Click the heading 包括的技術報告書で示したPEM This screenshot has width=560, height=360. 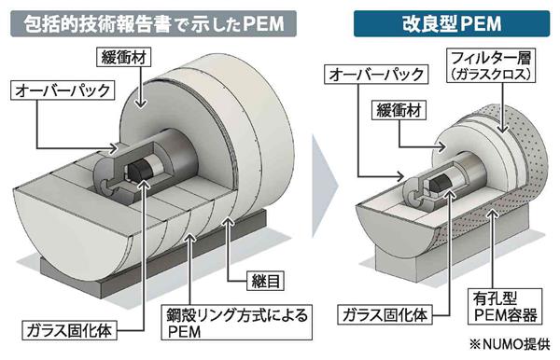(154, 24)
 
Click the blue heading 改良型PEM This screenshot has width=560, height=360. (452, 24)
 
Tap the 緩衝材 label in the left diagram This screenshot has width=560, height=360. (124, 57)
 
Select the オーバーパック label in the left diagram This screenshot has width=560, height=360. (63, 90)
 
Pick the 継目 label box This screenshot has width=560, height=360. (265, 281)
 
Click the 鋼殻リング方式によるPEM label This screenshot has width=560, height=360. (236, 322)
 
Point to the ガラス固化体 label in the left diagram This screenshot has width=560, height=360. (69, 330)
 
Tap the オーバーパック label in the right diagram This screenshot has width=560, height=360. (376, 75)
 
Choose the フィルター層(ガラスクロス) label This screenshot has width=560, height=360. (491, 65)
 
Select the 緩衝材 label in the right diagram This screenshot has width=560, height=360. (399, 110)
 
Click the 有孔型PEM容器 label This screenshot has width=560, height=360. (505, 307)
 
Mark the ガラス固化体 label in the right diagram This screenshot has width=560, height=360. (385, 315)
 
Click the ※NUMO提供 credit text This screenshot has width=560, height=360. (510, 344)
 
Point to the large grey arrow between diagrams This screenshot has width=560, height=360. (324, 186)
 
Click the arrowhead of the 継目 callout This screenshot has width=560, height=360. (229, 222)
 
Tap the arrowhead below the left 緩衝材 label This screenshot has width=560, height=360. (142, 104)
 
